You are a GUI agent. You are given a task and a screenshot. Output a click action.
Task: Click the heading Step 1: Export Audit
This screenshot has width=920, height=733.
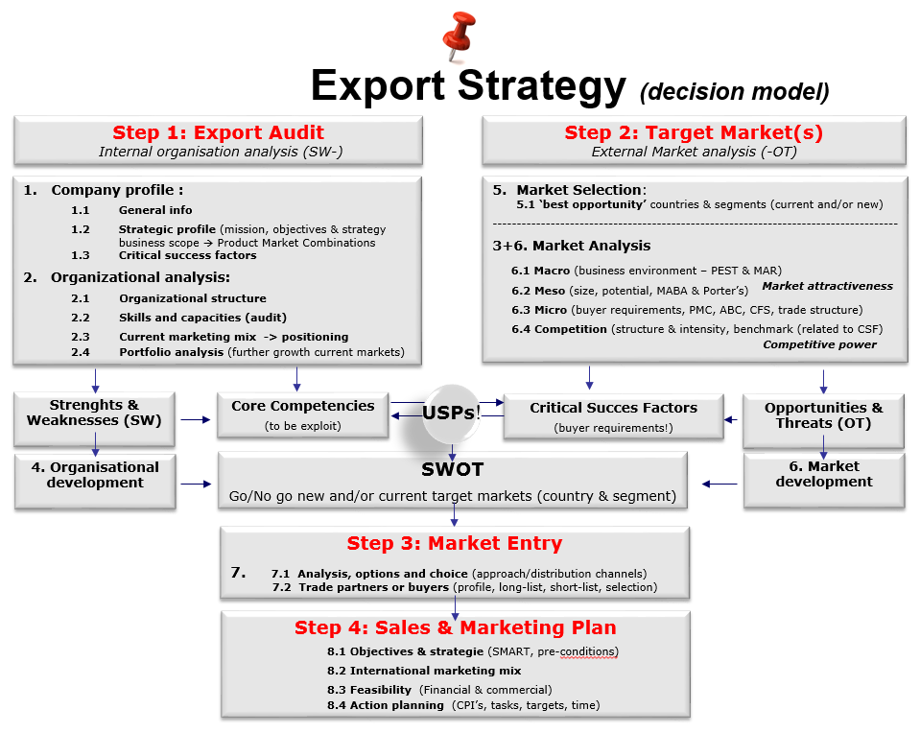click(219, 132)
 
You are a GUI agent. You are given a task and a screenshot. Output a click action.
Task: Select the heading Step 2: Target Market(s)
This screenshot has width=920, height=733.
click(694, 132)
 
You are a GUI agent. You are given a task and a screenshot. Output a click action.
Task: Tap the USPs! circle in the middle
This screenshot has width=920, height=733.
click(451, 414)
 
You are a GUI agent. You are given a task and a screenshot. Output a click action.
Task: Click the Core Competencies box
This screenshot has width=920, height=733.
click(303, 415)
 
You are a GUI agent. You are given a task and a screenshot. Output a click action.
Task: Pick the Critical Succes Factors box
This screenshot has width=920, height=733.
click(613, 416)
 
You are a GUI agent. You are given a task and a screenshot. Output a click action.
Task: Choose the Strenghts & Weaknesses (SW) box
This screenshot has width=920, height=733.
click(94, 418)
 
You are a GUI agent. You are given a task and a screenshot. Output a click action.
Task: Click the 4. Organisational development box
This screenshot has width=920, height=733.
click(95, 481)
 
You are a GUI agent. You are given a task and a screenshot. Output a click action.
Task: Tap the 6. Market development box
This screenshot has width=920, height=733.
click(824, 480)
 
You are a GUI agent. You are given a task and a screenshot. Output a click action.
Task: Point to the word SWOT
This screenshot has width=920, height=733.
click(453, 469)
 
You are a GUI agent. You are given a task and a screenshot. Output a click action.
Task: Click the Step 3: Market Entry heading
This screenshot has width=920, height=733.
click(455, 543)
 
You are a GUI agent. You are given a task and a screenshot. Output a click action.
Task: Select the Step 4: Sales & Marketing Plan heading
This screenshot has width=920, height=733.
click(456, 628)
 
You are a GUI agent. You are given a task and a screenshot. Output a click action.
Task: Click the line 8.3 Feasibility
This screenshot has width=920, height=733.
click(439, 690)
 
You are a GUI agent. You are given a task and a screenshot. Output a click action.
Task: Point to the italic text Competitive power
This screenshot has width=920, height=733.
click(819, 344)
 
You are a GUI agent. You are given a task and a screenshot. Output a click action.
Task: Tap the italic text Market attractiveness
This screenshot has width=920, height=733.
click(827, 286)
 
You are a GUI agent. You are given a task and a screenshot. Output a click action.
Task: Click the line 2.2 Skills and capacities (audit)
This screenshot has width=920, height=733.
click(179, 318)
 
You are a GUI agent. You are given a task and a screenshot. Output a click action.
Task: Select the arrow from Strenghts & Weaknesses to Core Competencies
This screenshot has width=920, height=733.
click(196, 419)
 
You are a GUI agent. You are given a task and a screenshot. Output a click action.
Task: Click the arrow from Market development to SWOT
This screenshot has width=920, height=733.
click(719, 485)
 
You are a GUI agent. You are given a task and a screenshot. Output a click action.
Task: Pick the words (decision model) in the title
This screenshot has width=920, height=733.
click(735, 91)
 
